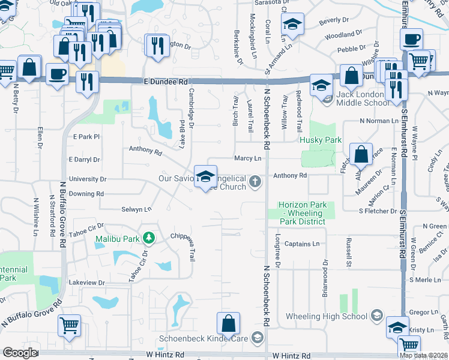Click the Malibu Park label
coord(116,239)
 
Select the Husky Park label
coord(321,140)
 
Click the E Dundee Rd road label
coord(166,81)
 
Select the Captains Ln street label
coord(302,244)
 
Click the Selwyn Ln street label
coord(136,209)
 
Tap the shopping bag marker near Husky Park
coord(362,154)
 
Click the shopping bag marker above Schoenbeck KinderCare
coord(229,323)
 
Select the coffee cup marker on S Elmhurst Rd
coord(412,40)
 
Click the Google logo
coord(20,353)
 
